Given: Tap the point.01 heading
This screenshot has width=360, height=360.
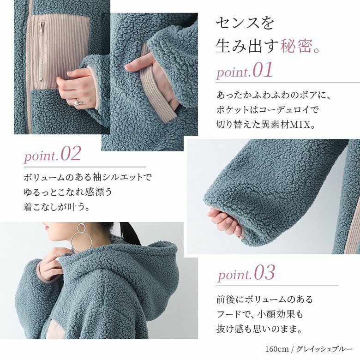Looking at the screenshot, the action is point(245,70).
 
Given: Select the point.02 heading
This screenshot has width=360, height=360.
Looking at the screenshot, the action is point(53,154).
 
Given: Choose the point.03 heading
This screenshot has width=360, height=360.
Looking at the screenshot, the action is point(246,273).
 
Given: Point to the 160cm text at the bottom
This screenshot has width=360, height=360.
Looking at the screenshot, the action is point(276,349).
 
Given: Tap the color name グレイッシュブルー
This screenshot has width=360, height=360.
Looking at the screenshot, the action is point(324,349).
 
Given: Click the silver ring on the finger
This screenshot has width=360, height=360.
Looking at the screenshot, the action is point(78,102).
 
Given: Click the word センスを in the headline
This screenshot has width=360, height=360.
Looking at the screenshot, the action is point(245,23).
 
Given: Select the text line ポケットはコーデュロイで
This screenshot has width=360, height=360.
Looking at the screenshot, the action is point(268,109).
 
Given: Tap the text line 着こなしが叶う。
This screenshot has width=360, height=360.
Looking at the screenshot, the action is point(56,206).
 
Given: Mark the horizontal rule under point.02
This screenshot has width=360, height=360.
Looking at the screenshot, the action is point(85,167).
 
